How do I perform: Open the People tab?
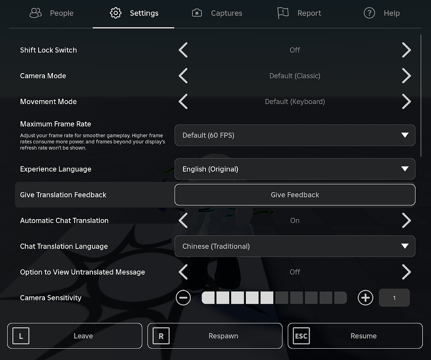click(x=52, y=13)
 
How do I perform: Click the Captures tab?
click(x=217, y=13)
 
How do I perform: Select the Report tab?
click(x=299, y=13)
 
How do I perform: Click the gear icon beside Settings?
click(x=115, y=13)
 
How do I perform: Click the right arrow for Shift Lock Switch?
click(x=406, y=50)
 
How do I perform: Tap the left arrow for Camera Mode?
click(x=183, y=76)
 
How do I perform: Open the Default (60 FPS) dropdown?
click(x=295, y=135)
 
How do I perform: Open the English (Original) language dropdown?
click(x=295, y=169)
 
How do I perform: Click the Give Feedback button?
click(x=295, y=195)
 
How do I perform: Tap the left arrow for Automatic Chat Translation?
click(x=183, y=220)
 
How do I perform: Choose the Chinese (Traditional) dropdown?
click(x=295, y=246)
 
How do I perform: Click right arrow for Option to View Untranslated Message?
click(x=406, y=272)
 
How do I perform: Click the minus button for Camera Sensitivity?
click(x=183, y=298)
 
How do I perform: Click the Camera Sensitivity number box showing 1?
click(x=394, y=298)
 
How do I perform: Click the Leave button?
click(x=75, y=336)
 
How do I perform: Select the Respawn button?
click(x=215, y=336)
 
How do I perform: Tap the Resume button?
click(x=355, y=336)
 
